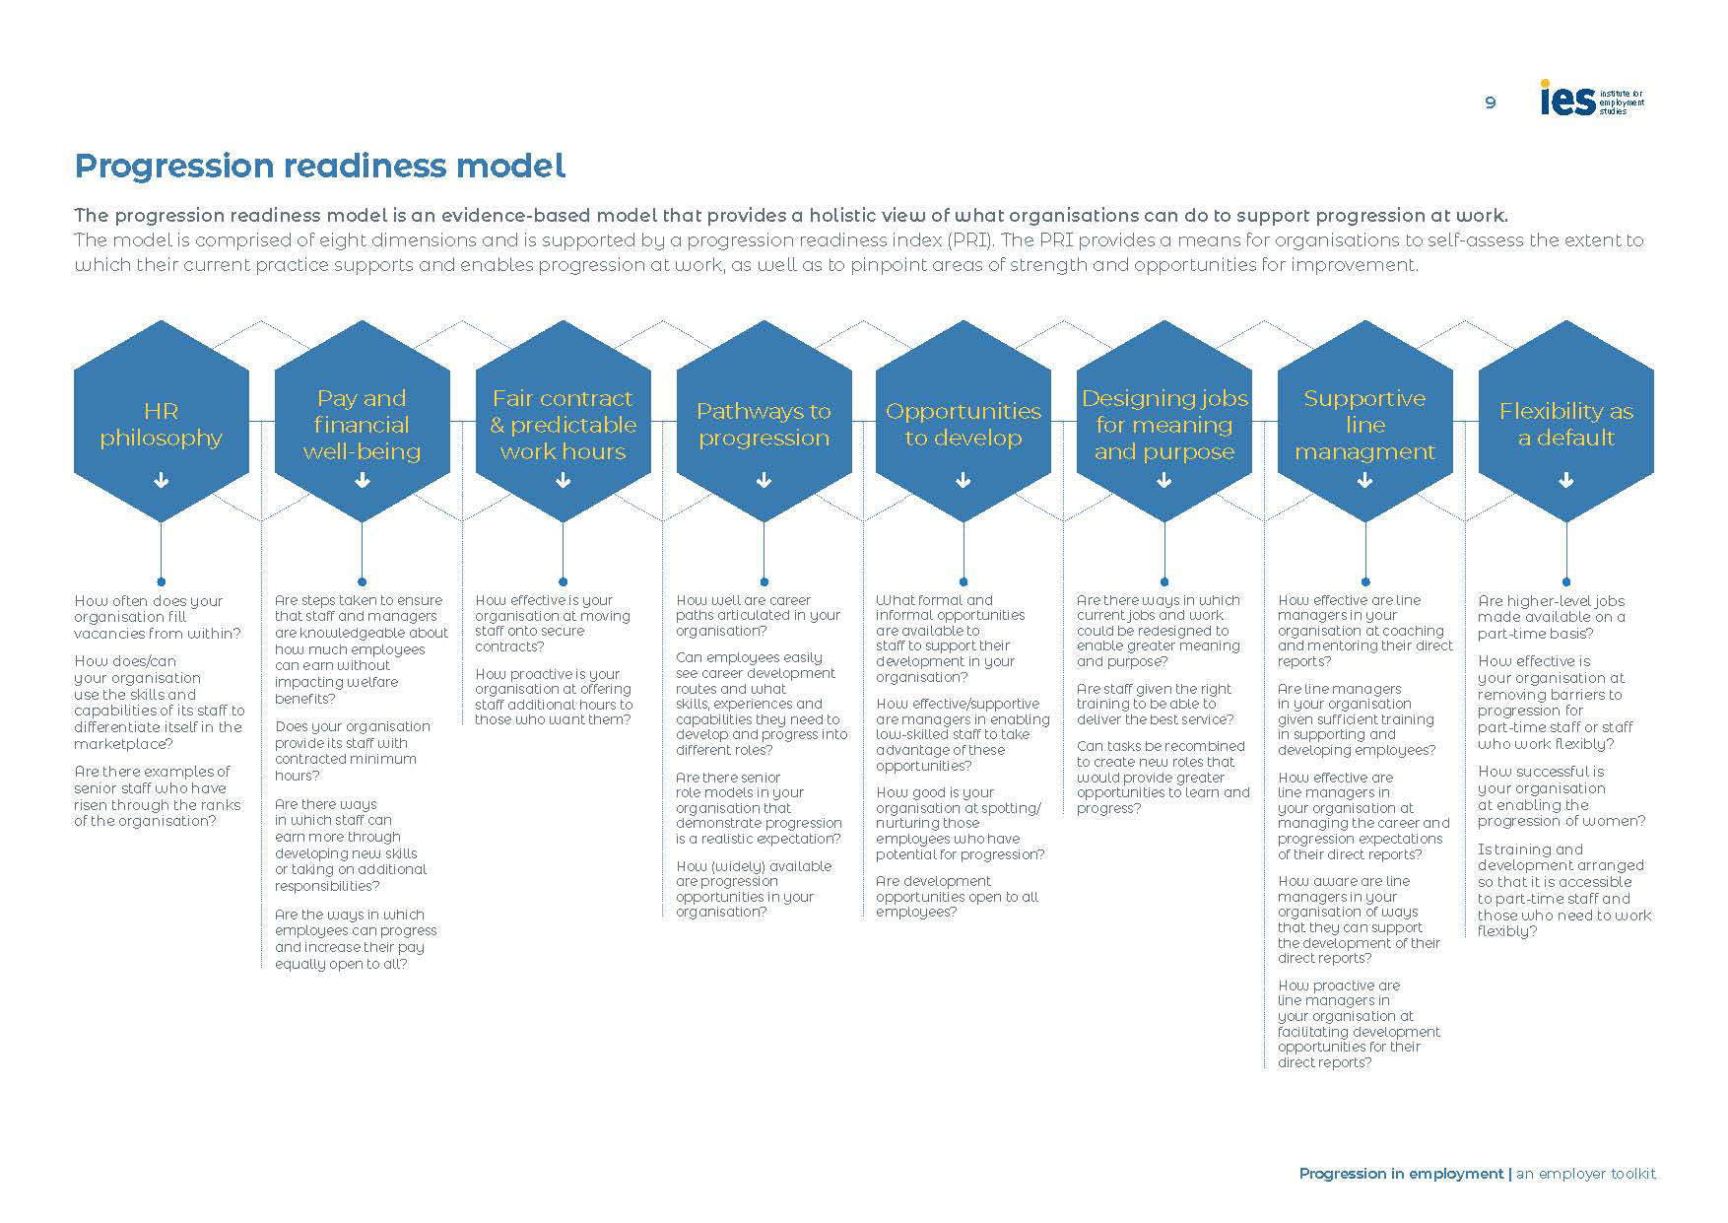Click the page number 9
[x=1491, y=102]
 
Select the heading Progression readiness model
[x=320, y=166]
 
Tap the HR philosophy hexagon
[x=162, y=424]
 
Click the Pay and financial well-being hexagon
[x=362, y=424]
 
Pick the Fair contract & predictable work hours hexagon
[x=563, y=424]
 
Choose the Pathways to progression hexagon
[x=764, y=424]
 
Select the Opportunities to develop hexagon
[x=963, y=424]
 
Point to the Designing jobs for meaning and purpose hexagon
[x=1164, y=424]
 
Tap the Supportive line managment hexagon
[x=1364, y=424]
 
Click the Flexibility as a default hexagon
[x=1565, y=424]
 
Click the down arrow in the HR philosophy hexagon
[x=162, y=481]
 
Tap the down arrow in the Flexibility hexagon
[x=1565, y=481]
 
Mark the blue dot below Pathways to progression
[x=764, y=581]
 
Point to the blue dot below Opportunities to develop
[x=963, y=581]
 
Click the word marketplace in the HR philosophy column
[x=122, y=744]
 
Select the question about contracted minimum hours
[x=345, y=751]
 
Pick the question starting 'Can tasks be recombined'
[x=1163, y=777]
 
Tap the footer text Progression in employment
[x=1401, y=1174]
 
